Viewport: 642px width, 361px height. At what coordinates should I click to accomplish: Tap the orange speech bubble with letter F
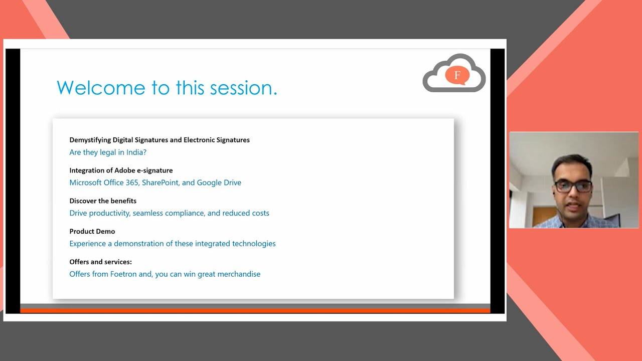457,76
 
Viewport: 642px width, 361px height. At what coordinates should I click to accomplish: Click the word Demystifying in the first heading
90,140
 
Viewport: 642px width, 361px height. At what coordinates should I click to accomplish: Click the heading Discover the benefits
103,201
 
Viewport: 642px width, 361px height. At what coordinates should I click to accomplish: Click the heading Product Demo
92,232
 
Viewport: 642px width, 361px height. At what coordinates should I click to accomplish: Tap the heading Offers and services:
100,262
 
